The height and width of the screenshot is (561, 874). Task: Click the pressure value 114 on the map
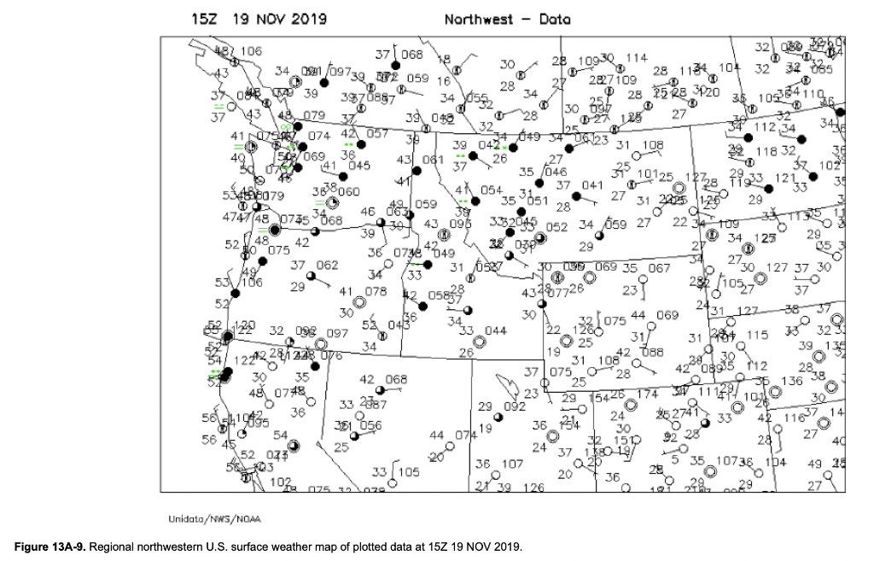coord(636,58)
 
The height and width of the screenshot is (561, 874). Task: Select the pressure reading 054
coord(491,190)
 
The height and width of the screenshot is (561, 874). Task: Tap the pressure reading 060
coord(348,191)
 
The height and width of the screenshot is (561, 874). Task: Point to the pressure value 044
coord(495,330)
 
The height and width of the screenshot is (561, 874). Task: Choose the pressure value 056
coord(370,424)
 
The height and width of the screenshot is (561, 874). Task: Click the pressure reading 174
coord(648,394)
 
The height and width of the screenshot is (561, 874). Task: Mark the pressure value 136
coord(792,381)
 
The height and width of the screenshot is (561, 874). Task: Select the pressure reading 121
coord(785,178)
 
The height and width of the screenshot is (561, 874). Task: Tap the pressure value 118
coord(766,151)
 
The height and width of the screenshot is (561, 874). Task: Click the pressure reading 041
coord(592,185)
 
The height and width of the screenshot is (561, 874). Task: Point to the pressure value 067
coord(659,268)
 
